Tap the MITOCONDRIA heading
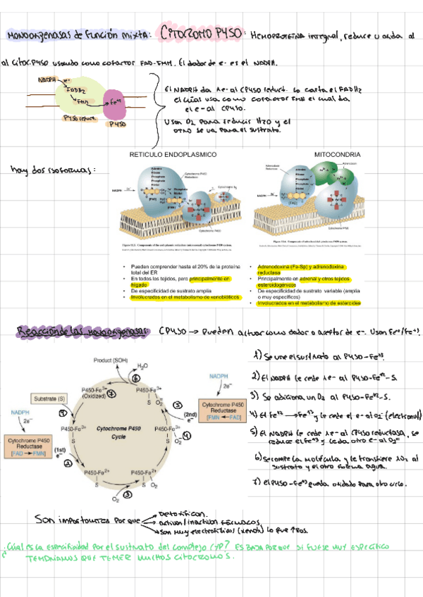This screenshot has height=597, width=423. [x=337, y=153]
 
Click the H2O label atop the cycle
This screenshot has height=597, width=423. [x=143, y=366]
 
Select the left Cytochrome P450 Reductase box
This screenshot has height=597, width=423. [x=27, y=447]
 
